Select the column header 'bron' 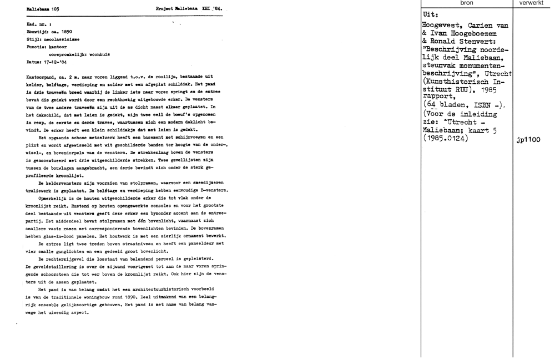(x=467, y=3)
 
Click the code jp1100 (x=527, y=140)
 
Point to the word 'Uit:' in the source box (x=431, y=14)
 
